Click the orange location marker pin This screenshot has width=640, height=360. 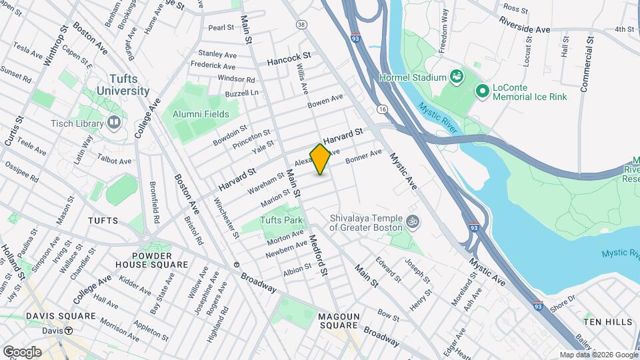[x=321, y=159]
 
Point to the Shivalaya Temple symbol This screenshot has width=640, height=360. [x=413, y=220]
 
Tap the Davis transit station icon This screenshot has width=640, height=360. [x=69, y=331]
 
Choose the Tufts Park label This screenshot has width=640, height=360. [x=281, y=220]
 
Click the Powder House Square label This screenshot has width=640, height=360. [x=160, y=260]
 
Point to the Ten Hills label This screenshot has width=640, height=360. [x=607, y=322]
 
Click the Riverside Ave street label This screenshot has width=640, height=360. [x=526, y=29]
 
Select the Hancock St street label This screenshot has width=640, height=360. [x=289, y=60]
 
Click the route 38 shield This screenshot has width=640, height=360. [x=302, y=25]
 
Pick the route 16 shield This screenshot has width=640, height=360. [x=382, y=108]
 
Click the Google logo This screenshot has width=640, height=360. [x=22, y=351]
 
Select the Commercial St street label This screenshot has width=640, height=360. [x=586, y=65]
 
